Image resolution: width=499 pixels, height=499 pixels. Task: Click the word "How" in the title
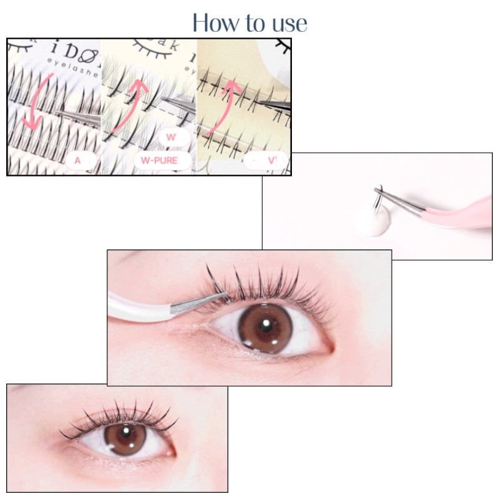(214, 22)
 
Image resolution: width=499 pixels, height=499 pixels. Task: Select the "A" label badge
(78, 160)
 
